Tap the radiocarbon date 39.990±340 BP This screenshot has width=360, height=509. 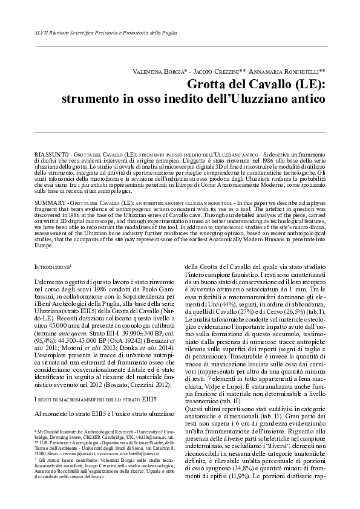(125, 334)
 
